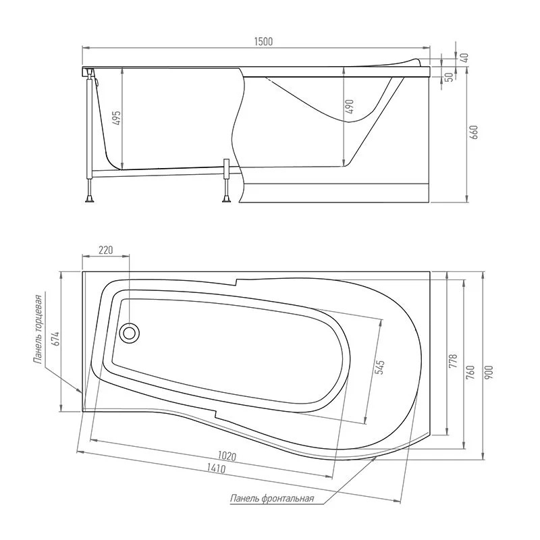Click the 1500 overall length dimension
pos(263,42)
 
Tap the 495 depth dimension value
pos(117,118)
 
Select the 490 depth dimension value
pos(350,107)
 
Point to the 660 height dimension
pos(475,132)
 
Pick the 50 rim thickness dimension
pos(449,78)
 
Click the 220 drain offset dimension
pos(106,250)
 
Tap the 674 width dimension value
pos(56,339)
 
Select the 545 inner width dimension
pos(379,367)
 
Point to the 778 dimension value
pos(454,361)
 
